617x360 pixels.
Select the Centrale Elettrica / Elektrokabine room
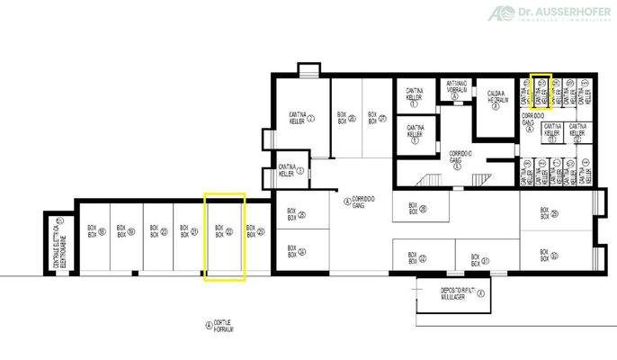point(58,242)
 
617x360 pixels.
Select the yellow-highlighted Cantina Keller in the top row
point(542,91)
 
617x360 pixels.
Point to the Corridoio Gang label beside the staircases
point(459,160)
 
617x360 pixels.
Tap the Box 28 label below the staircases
point(416,210)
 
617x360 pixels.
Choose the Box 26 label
point(344,118)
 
